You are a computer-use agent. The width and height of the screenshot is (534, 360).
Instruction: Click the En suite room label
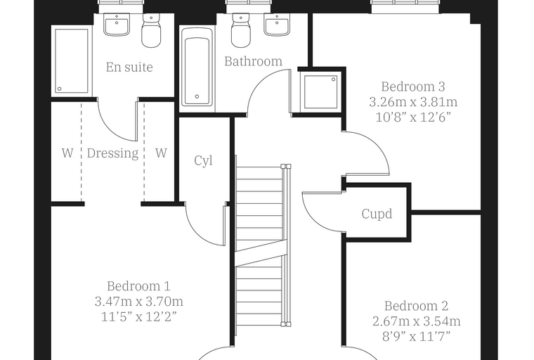pos(129,67)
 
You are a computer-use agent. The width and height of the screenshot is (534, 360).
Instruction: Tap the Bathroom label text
pos(254,61)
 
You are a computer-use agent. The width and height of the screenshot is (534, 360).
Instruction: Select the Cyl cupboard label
pos(203,160)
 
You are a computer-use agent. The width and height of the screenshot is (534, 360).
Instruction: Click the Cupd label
pos(377,214)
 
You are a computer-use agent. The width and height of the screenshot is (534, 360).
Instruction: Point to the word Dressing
pos(112,153)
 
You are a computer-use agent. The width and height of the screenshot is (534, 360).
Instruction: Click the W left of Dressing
pos(67,153)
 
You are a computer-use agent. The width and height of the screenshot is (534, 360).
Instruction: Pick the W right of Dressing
pos(161,153)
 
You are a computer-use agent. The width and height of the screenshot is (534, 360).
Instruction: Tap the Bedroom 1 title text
pos(138,285)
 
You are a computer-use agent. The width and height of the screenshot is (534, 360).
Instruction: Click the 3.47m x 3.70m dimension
pos(139,302)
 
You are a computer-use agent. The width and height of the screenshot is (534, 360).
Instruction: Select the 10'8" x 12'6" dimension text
pos(413,117)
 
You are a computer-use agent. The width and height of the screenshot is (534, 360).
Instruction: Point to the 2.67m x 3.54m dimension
pos(417,321)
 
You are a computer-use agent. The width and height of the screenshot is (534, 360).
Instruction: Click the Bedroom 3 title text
pos(413,86)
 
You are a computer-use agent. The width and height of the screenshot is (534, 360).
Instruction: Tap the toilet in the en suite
pos(151,31)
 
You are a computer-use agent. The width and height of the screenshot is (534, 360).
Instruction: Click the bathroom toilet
pos(241,31)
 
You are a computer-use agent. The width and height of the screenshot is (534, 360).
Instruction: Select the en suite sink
pos(117,25)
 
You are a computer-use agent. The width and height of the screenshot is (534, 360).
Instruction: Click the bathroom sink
pos(277,25)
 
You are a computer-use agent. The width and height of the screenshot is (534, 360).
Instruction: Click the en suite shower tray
pos(72,62)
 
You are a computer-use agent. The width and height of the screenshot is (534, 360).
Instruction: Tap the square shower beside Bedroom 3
pos(321,91)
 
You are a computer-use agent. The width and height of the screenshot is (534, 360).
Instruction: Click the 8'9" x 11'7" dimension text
pos(416,337)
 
